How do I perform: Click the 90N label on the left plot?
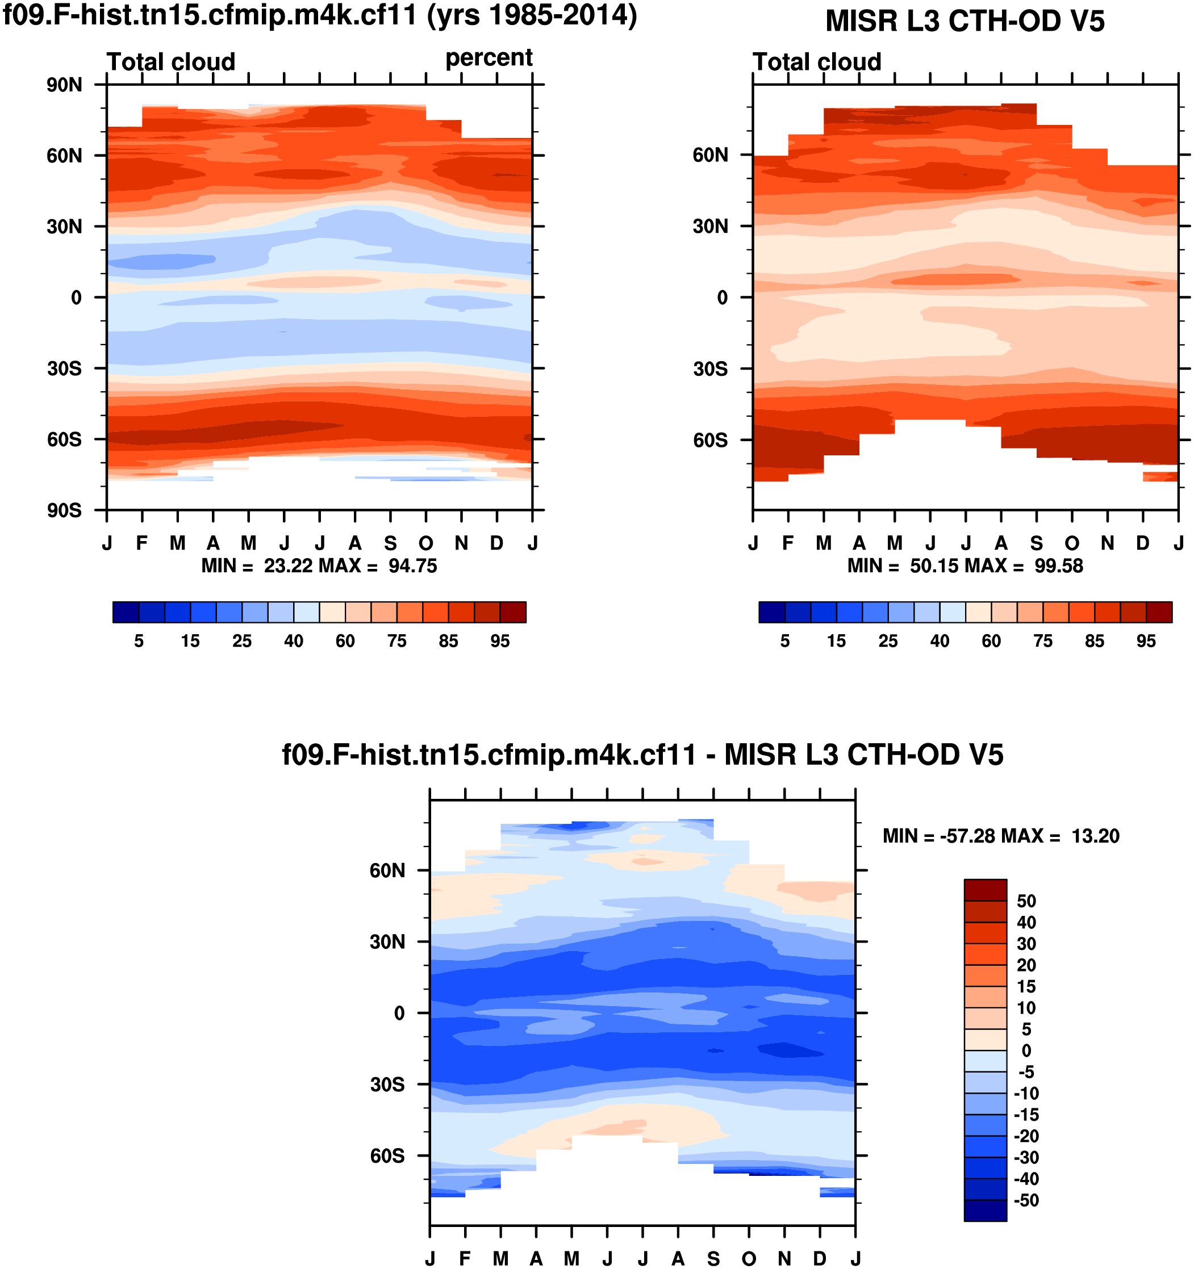tap(64, 85)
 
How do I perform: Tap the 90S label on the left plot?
tap(64, 510)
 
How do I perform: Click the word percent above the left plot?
tap(489, 58)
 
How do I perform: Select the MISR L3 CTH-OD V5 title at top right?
tap(964, 21)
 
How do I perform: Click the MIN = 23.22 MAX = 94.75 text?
tap(319, 566)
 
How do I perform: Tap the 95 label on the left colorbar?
tap(500, 641)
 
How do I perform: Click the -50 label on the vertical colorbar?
tap(1026, 1200)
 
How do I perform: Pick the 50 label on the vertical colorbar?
tap(1026, 901)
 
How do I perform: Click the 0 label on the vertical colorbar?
tap(1026, 1051)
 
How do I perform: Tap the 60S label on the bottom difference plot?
tap(387, 1156)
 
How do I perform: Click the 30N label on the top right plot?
tap(710, 227)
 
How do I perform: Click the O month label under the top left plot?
tap(426, 543)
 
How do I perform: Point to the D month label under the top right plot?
tap(1142, 543)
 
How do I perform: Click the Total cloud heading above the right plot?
tap(817, 62)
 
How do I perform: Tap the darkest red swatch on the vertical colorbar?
tap(985, 889)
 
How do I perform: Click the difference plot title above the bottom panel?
tap(642, 755)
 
